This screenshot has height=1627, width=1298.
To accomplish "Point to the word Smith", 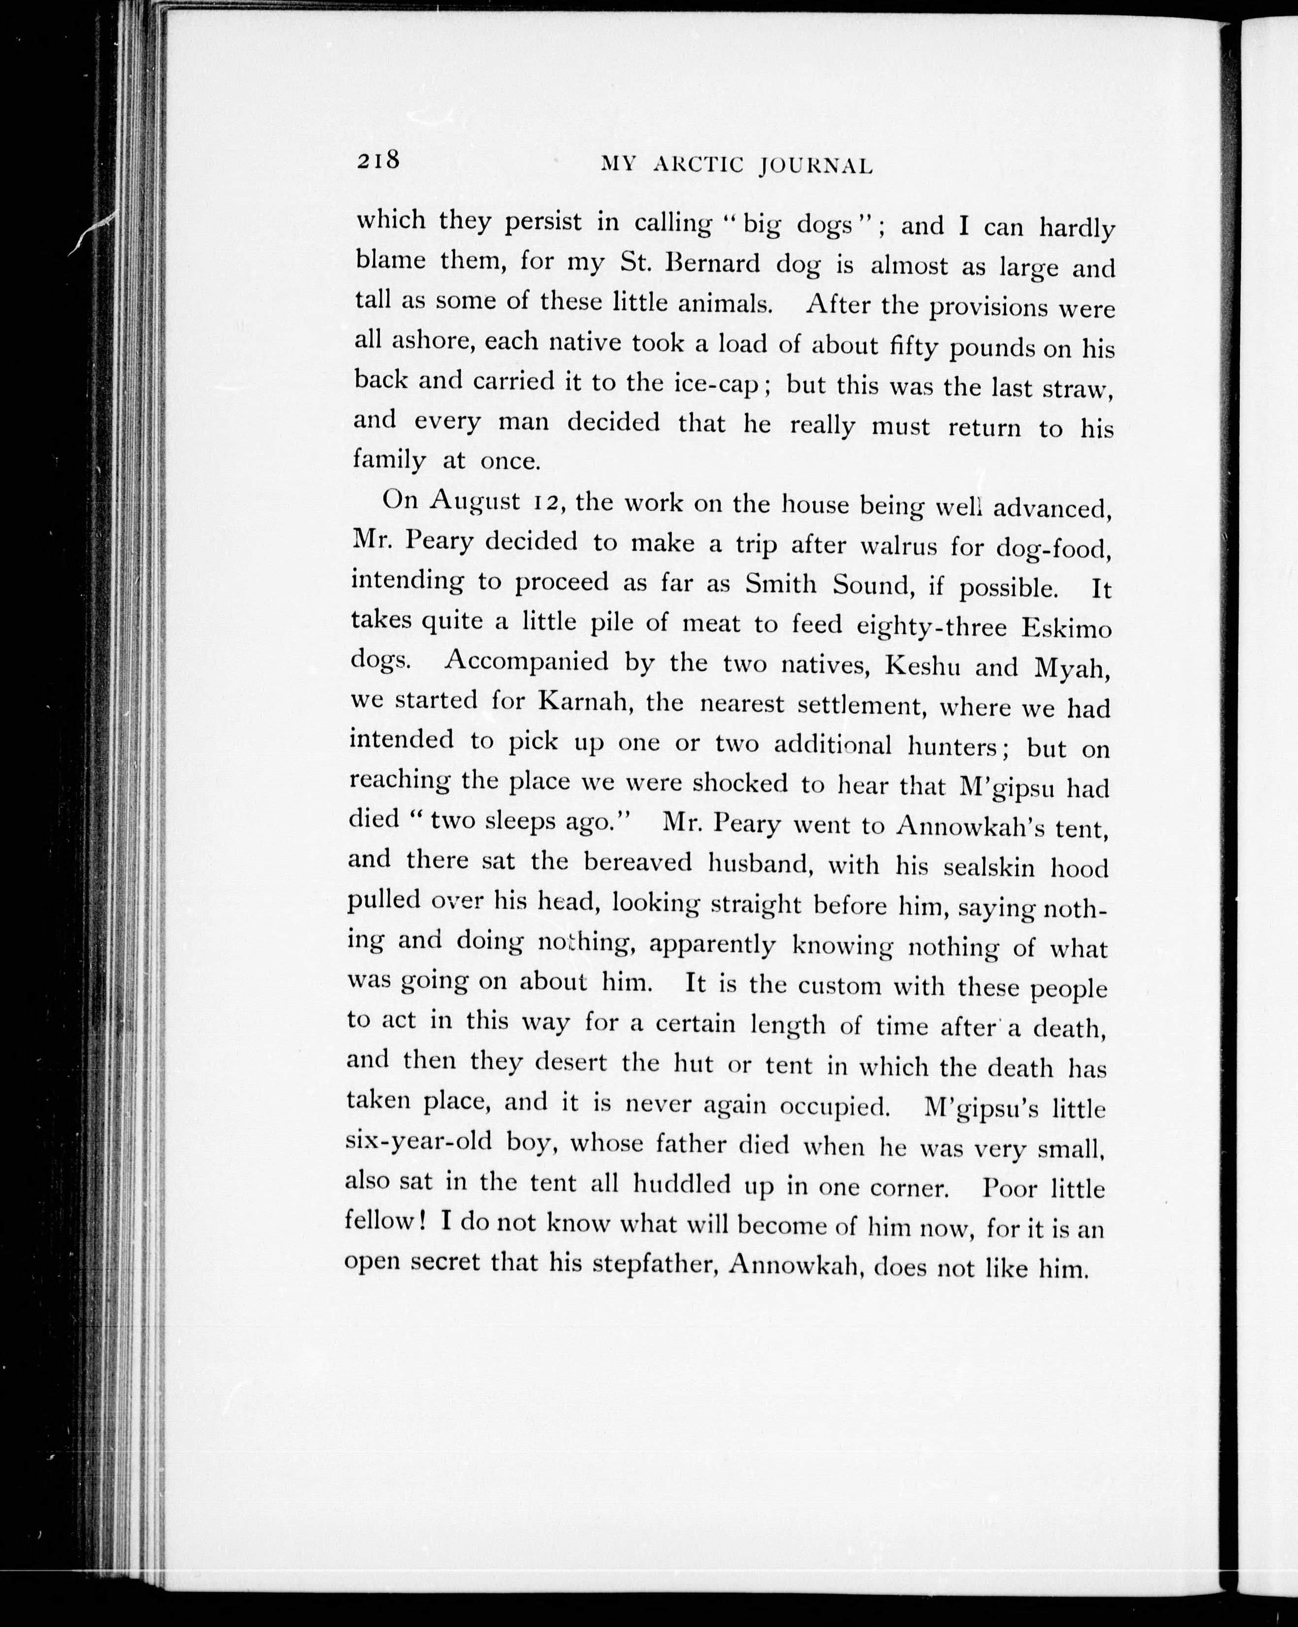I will tap(783, 584).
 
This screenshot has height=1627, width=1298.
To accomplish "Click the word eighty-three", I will tap(932, 625).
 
